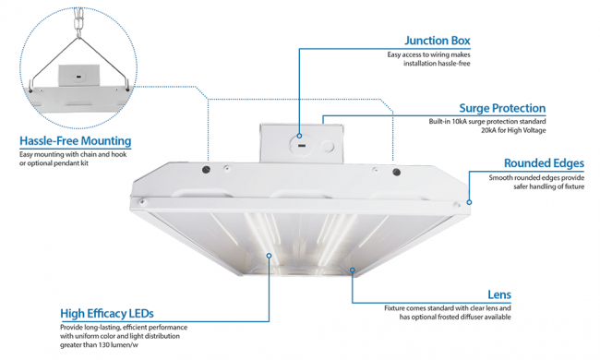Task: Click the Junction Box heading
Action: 438,41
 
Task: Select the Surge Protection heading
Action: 502,108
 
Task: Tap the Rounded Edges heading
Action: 544,163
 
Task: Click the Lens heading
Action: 499,294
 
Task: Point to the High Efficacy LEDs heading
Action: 107,314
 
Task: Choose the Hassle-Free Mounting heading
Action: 76,141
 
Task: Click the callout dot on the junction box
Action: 299,136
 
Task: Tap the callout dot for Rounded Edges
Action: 469,202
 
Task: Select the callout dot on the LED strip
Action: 269,256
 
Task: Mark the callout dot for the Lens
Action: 353,270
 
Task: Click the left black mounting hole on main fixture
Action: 206,170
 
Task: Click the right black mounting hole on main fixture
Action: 396,173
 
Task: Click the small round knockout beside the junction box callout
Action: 328,147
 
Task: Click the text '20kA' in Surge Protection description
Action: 489,130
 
